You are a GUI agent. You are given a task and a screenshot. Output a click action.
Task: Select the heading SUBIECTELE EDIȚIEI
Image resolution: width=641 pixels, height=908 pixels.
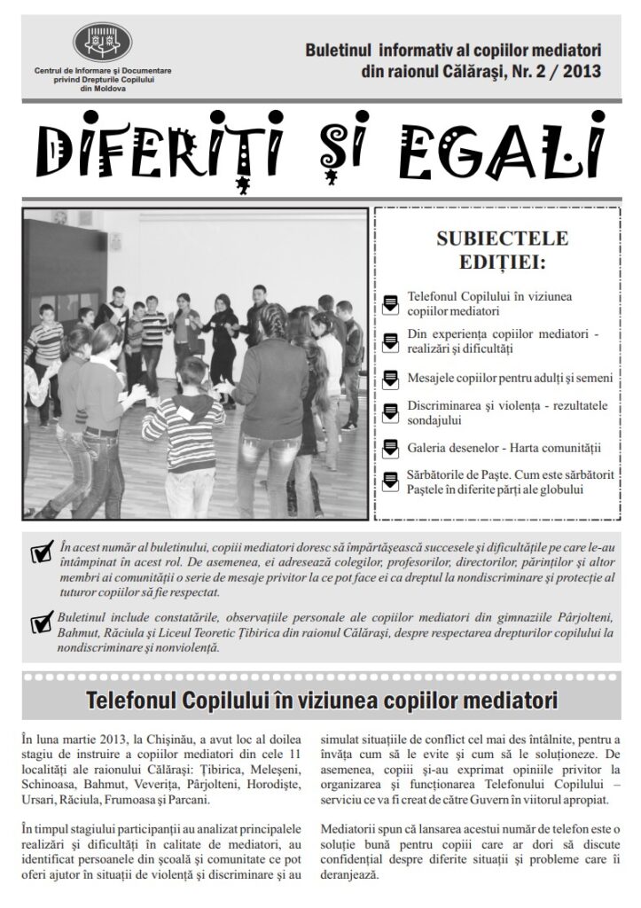[x=503, y=251]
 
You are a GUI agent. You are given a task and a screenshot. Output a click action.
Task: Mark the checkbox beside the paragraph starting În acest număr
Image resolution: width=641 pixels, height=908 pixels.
[x=40, y=553]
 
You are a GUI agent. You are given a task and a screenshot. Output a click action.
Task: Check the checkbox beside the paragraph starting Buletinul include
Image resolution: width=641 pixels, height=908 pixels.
[x=40, y=624]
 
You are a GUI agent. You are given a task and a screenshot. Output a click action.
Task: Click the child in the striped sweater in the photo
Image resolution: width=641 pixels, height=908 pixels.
[x=184, y=417]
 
